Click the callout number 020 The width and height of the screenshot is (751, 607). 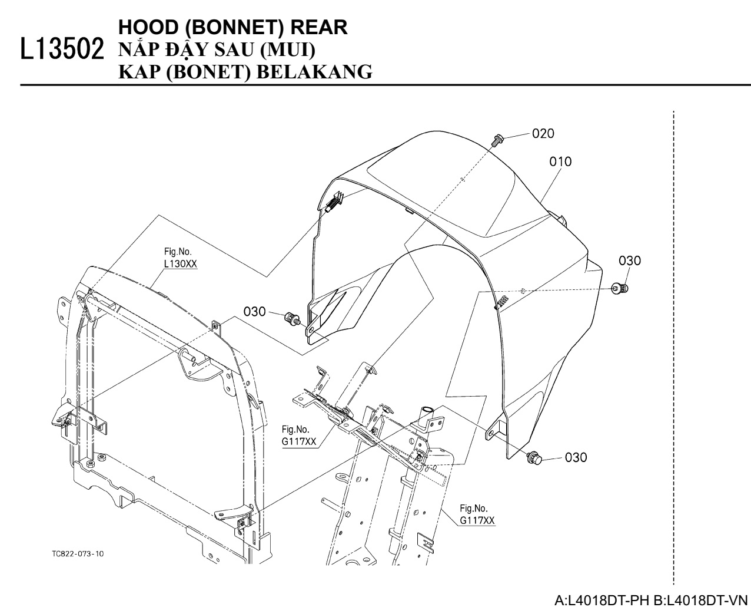[543, 134]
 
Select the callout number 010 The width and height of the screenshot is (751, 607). [560, 161]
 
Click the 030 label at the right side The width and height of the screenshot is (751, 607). [630, 260]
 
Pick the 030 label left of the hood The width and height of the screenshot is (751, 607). [255, 311]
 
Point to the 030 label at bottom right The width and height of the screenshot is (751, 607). [575, 457]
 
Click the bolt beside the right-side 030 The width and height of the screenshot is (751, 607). [620, 288]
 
